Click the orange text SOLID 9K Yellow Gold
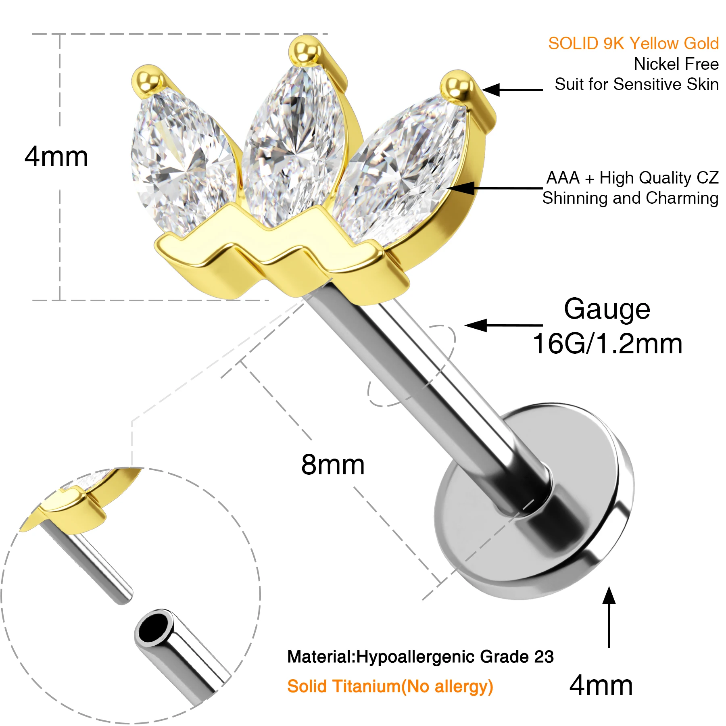click(633, 44)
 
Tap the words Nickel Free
click(676, 64)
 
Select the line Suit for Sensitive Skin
click(636, 84)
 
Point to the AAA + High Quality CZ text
click(632, 178)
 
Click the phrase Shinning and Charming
click(630, 198)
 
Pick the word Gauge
click(607, 309)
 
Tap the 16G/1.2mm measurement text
click(607, 344)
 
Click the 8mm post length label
click(333, 465)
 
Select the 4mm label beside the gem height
click(56, 156)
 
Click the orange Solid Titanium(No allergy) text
click(390, 686)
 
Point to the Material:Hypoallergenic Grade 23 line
click(420, 657)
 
